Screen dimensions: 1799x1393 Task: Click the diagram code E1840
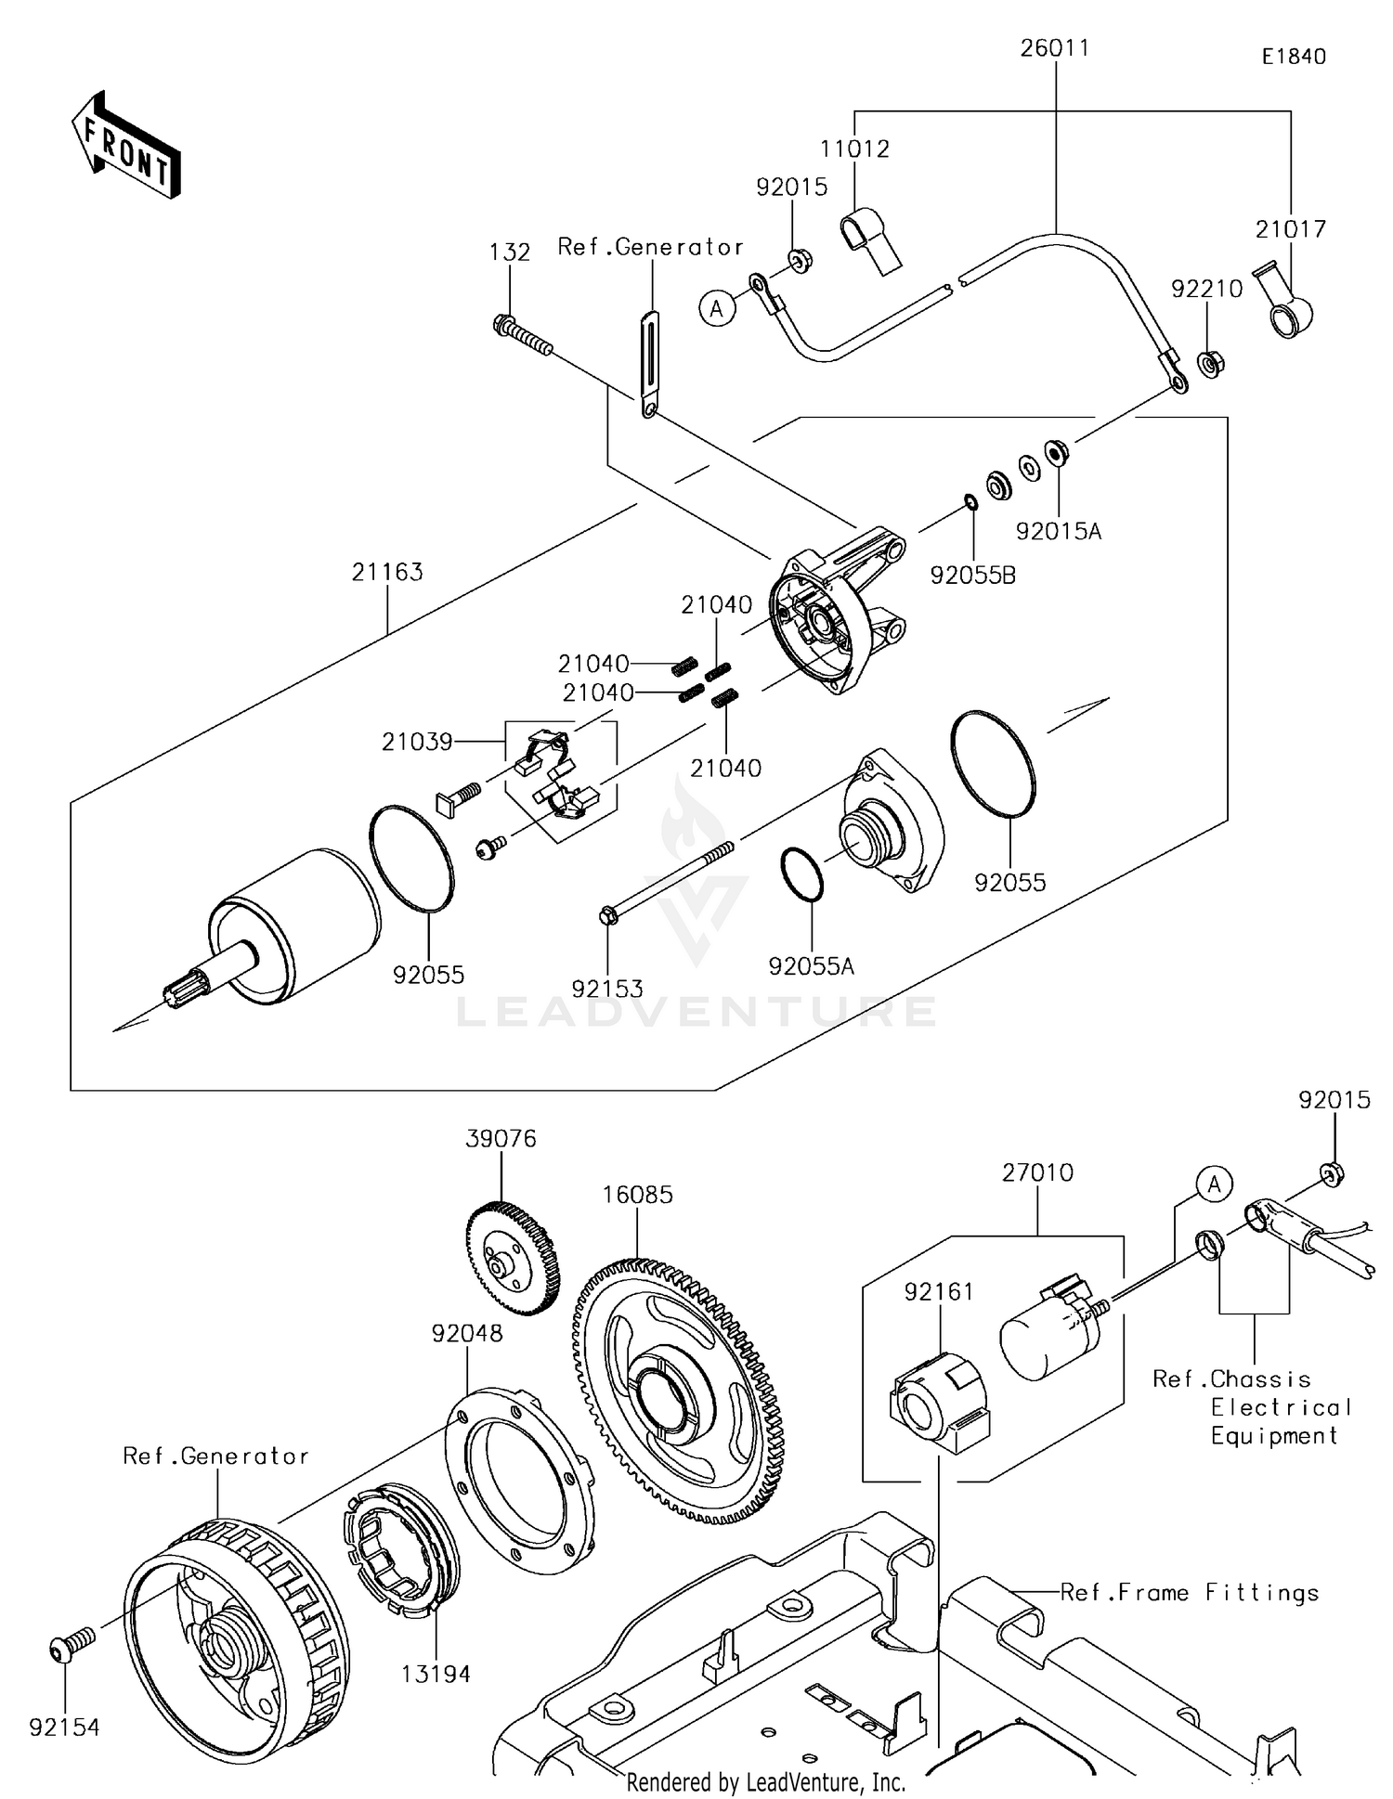pos(1293,57)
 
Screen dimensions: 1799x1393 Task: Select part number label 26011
pos(1054,48)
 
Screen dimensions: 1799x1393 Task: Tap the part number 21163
pos(387,572)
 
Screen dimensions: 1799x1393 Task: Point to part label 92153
pos(607,989)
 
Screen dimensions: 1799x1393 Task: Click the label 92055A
pos(812,966)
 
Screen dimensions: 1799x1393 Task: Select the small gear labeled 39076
pos(512,1260)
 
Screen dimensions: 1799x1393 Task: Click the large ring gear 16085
pos(676,1390)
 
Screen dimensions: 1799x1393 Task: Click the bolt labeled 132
pos(522,335)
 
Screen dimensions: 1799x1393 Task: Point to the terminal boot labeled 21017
pos(1286,305)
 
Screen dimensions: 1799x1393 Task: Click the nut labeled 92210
pos(1209,363)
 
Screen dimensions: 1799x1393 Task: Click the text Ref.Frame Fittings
pos(1189,1593)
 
